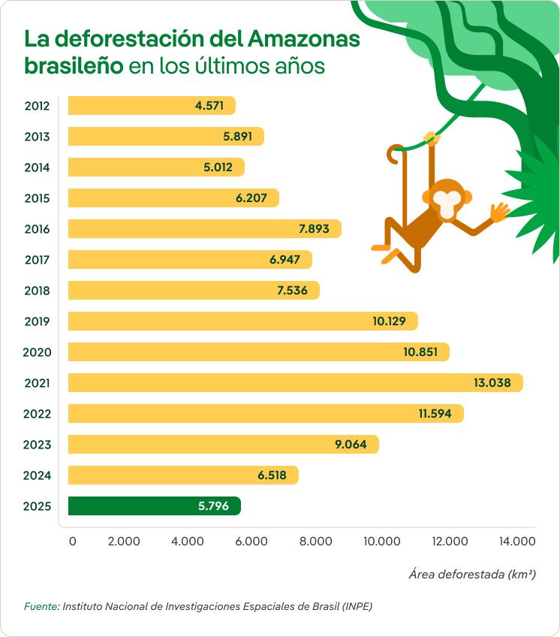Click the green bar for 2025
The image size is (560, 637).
[154, 506]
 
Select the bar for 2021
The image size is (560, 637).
[295, 383]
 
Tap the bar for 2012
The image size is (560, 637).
[152, 106]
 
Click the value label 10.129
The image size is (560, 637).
[389, 322]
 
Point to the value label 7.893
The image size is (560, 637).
[313, 229]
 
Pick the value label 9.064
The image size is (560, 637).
[351, 445]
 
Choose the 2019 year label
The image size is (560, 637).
[36, 322]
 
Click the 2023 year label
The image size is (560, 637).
[36, 445]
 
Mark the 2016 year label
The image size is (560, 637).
[36, 229]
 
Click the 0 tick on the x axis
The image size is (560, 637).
[72, 541]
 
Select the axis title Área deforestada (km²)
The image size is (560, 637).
[472, 575]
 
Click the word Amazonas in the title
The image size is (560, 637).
[304, 38]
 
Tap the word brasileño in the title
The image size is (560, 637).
[74, 65]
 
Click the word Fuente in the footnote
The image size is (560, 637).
[41, 605]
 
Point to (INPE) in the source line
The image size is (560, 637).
[357, 605]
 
